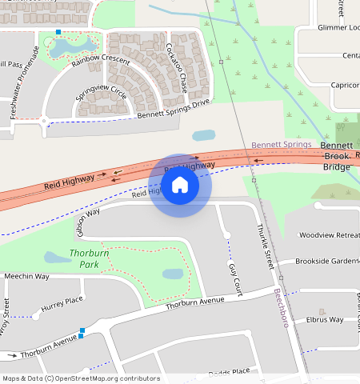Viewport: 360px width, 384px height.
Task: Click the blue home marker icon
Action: tap(180, 186)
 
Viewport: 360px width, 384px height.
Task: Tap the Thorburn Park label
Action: tap(89, 258)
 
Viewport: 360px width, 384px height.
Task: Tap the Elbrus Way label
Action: tap(326, 320)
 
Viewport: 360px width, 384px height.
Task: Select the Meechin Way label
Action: tap(26, 276)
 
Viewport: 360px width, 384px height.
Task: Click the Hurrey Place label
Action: tap(62, 304)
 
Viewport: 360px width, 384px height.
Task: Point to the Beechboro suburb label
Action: tap(286, 313)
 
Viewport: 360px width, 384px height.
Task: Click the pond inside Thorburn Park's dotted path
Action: tap(173, 274)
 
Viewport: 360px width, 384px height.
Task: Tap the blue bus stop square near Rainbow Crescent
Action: tap(58, 32)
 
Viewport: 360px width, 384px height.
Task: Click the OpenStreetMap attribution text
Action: tap(81, 378)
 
